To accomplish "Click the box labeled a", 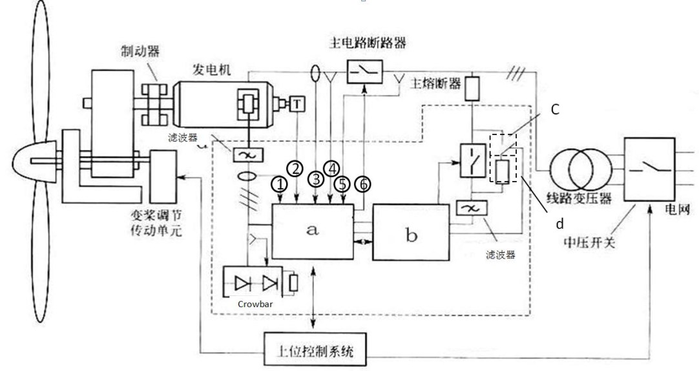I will pos(313,231).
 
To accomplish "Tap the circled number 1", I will pos(280,185).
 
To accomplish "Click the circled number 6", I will pos(364,185).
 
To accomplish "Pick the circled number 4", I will pos(331,167).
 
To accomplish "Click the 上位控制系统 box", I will pos(313,351).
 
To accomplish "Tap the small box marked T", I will pos(297,103).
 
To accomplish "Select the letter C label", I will pos(555,110).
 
